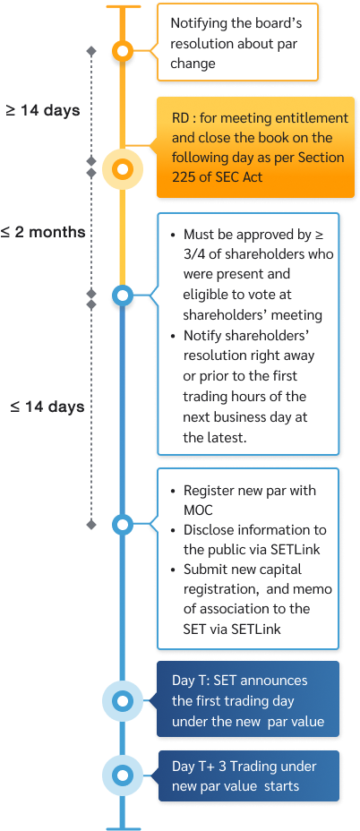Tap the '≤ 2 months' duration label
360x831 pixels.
(x=43, y=232)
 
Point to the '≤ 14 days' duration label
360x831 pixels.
(x=47, y=407)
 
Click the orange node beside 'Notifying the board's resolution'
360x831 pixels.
(x=123, y=51)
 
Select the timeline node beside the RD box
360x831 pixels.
(x=123, y=167)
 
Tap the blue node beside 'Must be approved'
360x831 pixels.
(x=123, y=296)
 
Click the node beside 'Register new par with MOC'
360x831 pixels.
(x=123, y=525)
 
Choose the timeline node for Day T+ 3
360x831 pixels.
(x=123, y=775)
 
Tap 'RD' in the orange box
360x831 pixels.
(x=180, y=118)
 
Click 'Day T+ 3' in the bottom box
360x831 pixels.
(x=199, y=767)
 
